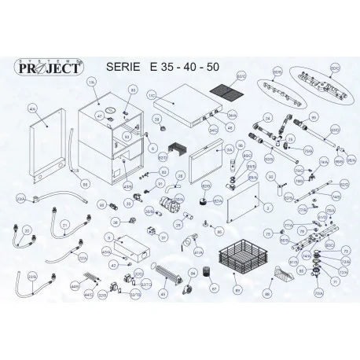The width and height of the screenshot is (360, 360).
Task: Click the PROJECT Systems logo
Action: tap(51, 68)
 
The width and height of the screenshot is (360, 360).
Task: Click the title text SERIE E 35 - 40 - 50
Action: tap(163, 68)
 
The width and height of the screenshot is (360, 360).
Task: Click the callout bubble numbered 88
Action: tap(267, 293)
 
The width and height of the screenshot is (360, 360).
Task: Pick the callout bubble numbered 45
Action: tap(163, 293)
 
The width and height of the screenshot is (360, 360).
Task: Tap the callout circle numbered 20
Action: tap(28, 230)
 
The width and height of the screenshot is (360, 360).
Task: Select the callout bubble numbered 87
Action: tap(214, 288)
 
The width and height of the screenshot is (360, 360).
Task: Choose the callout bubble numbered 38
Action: tap(115, 222)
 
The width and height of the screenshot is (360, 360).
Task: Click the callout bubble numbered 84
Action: tap(191, 273)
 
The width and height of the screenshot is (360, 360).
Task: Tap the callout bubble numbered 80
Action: tap(219, 232)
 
